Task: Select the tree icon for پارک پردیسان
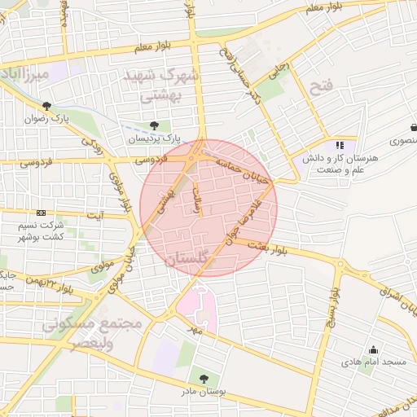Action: tap(154, 125)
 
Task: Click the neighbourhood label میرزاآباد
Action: tap(26, 77)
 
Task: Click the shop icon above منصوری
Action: tap(415, 128)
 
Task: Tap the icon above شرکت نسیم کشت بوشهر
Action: tap(42, 213)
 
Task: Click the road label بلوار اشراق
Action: tap(397, 301)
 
